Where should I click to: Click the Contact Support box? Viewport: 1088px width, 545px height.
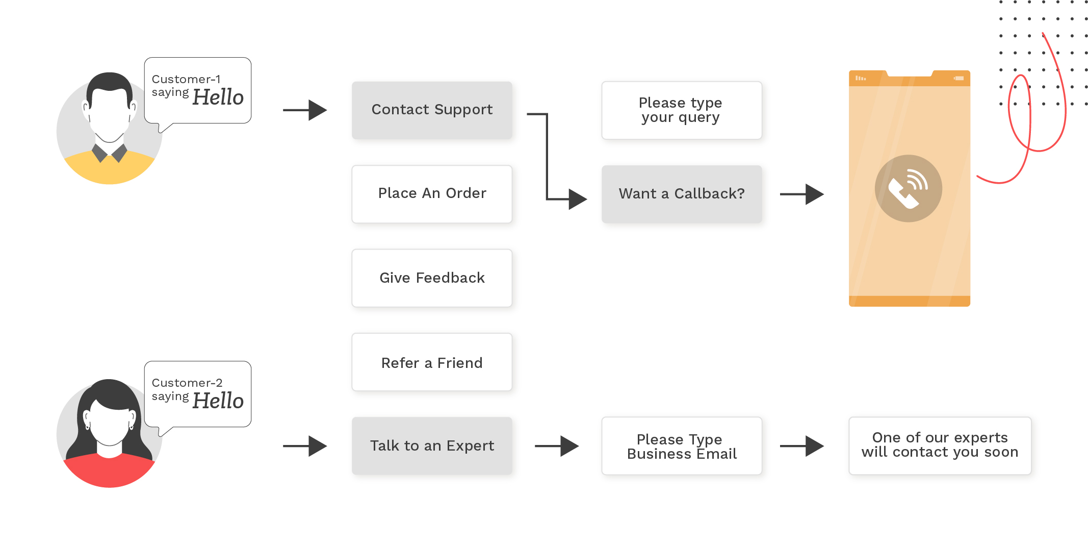432,110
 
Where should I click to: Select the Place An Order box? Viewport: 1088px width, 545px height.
432,194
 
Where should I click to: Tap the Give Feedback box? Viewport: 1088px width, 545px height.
432,278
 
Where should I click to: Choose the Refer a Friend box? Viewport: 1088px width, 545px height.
432,362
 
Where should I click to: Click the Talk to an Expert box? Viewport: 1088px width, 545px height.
432,446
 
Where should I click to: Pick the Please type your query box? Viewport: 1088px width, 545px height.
681,110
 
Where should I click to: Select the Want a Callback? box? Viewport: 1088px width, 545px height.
681,194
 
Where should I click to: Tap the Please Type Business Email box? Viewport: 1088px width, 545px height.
681,446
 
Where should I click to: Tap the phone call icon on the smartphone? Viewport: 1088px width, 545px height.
908,188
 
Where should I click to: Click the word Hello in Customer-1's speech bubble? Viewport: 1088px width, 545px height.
218,97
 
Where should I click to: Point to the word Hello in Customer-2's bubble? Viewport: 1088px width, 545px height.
218,401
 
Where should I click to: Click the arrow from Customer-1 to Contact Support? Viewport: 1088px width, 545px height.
305,110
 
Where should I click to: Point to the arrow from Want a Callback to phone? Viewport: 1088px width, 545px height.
801,194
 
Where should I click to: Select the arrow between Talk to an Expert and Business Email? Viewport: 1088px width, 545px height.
556,446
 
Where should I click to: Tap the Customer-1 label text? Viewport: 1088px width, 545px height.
186,79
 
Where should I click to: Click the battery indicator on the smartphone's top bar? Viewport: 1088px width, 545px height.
959,78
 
